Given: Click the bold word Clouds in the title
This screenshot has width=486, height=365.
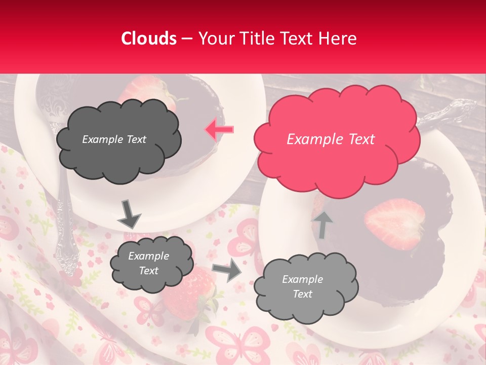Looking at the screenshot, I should (149, 39).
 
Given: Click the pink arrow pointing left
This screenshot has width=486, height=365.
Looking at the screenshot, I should (219, 130).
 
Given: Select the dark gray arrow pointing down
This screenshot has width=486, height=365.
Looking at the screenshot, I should (129, 214).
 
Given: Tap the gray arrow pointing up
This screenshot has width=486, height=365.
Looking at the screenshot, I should (322, 225).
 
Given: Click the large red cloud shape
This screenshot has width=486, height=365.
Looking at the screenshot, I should (336, 138).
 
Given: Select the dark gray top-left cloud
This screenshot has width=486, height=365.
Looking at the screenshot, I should (118, 140).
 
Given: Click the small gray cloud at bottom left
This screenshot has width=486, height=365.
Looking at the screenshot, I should (151, 264).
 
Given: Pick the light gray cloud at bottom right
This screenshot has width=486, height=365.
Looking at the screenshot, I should (305, 287).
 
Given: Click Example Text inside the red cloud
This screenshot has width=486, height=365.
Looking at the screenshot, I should (331, 139).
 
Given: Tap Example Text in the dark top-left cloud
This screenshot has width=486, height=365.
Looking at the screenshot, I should (114, 139).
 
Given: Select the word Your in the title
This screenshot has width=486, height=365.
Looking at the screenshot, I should (215, 39).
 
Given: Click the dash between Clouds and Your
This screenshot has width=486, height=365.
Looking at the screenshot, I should (187, 39).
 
